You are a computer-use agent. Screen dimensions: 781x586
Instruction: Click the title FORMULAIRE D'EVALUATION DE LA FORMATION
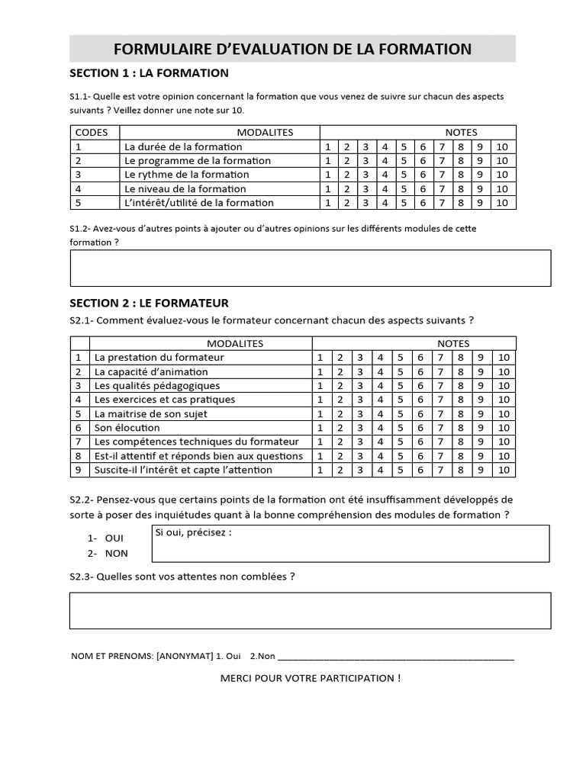pos(292,50)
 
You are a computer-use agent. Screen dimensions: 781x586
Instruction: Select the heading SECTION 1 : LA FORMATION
pos(149,73)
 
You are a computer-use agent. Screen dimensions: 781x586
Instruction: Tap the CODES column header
pos(92,132)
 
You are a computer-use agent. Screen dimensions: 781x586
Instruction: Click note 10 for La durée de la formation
pos(501,146)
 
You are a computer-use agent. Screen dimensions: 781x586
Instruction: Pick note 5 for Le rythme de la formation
pos(404,175)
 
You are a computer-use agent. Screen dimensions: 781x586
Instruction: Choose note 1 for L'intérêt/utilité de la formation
pos(328,203)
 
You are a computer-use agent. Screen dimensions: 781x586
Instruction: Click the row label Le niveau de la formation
pos(185,188)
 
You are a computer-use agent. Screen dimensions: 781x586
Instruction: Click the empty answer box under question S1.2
pos(310,268)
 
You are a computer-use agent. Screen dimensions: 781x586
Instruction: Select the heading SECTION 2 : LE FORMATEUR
pos(149,303)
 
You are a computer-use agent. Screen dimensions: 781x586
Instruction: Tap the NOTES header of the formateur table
pos(453,343)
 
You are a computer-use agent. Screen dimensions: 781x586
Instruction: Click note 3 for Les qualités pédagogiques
pos(359,386)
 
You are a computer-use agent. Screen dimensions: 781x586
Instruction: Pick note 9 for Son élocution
pos(481,428)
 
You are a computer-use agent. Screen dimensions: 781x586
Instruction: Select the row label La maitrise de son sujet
pos(150,414)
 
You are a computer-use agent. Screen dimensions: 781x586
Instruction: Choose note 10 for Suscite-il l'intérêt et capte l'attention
pos(503,470)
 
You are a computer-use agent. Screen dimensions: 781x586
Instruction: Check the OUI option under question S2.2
pos(114,538)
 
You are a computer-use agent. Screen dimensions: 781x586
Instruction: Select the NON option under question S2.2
pos(116,554)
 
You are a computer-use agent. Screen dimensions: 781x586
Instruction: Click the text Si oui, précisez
pos(193,532)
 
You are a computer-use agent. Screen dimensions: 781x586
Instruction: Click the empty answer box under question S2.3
pos(310,611)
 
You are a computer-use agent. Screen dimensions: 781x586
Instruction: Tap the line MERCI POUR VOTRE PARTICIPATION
pos(310,678)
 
